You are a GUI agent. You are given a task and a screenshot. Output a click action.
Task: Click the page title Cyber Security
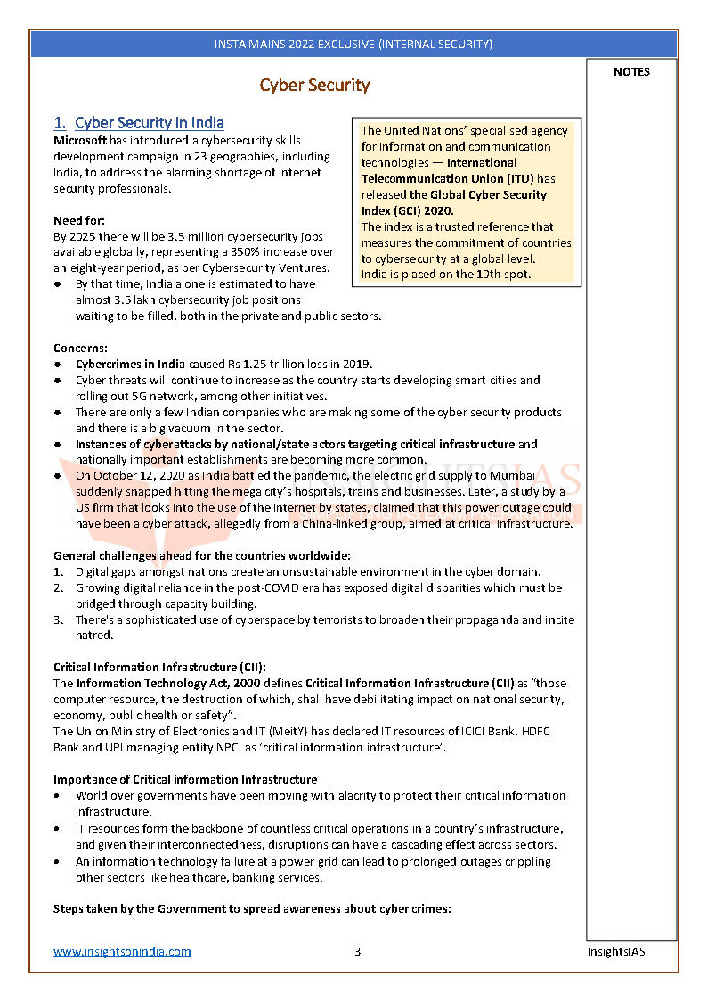pyautogui.click(x=314, y=86)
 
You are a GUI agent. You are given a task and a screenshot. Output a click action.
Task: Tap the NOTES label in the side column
pyautogui.click(x=631, y=72)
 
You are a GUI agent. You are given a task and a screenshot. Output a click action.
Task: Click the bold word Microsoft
pyautogui.click(x=80, y=141)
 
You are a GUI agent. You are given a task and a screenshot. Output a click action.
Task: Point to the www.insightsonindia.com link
pyautogui.click(x=122, y=951)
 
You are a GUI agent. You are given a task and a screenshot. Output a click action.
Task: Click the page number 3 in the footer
pyautogui.click(x=357, y=951)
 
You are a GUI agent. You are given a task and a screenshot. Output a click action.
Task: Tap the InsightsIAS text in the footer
pyautogui.click(x=616, y=951)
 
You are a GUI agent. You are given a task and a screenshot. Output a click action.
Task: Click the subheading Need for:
pyautogui.click(x=77, y=220)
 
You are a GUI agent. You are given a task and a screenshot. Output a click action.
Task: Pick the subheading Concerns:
pyautogui.click(x=79, y=348)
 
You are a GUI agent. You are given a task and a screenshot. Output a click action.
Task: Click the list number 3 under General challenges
pyautogui.click(x=58, y=620)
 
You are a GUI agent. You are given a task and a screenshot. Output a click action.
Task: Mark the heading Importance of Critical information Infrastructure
pyautogui.click(x=185, y=779)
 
